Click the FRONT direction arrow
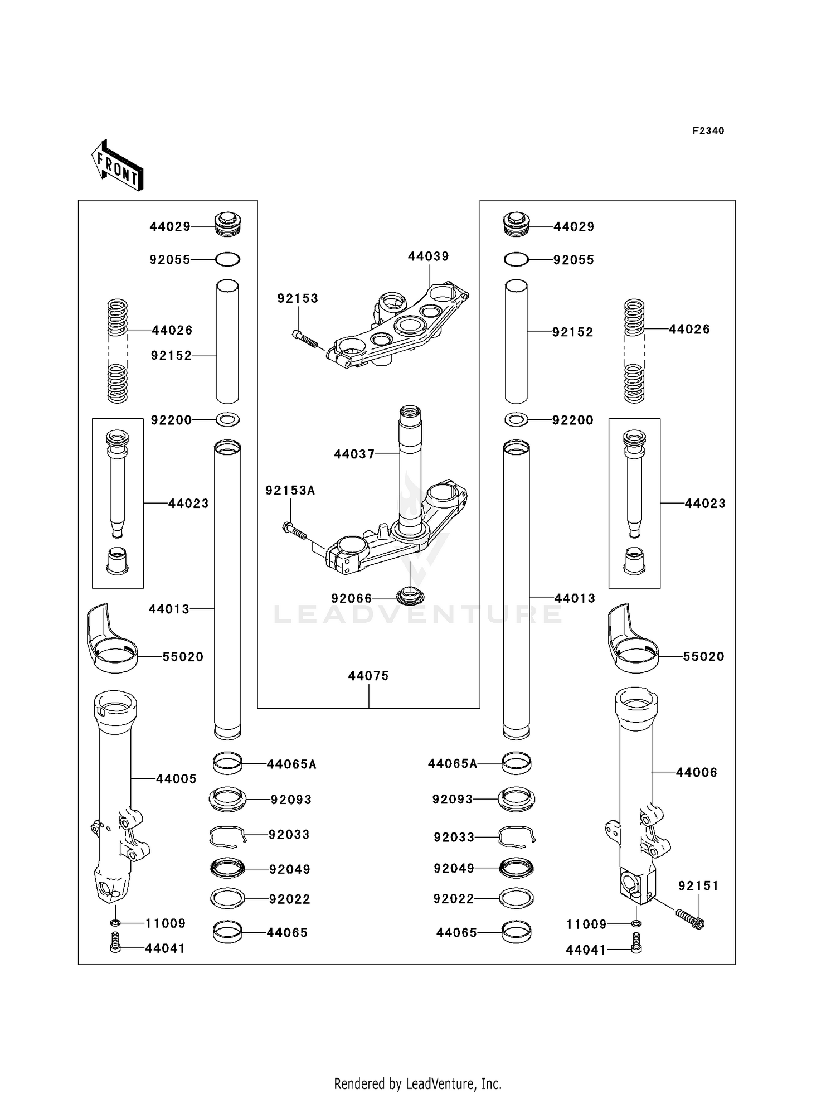(x=117, y=166)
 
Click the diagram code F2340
(x=708, y=131)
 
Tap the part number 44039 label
(x=428, y=256)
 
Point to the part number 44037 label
(x=354, y=454)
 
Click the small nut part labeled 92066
(x=410, y=595)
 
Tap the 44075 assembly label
(x=368, y=676)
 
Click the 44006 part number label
(x=696, y=772)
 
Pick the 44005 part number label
(x=176, y=779)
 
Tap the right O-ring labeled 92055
(x=516, y=260)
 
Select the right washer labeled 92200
(x=516, y=419)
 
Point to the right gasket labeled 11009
(x=636, y=924)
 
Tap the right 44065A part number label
(x=452, y=763)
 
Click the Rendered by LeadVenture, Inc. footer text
(x=417, y=1083)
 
